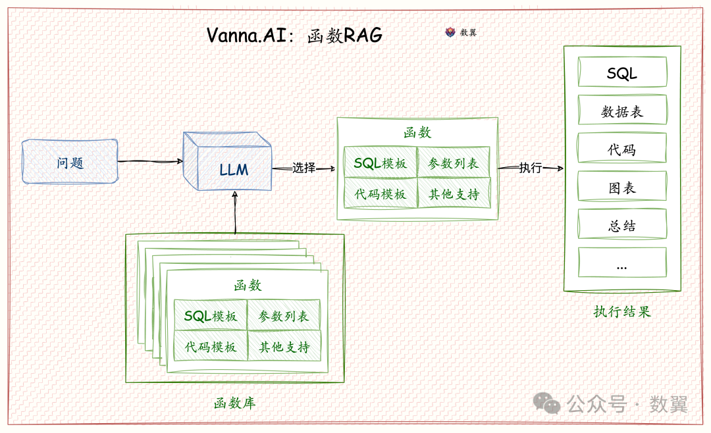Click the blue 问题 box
point(70,162)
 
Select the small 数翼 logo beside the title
point(451,32)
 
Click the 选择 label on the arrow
point(304,168)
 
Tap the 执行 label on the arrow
point(530,168)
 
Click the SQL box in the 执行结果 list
point(622,72)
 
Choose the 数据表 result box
point(622,111)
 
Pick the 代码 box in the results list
point(622,149)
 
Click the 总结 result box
point(622,225)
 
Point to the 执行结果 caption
point(621,311)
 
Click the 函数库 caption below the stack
point(234,403)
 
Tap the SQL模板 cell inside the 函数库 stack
point(211,316)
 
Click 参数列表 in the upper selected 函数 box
point(454,163)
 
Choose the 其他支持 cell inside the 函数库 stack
point(284,347)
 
